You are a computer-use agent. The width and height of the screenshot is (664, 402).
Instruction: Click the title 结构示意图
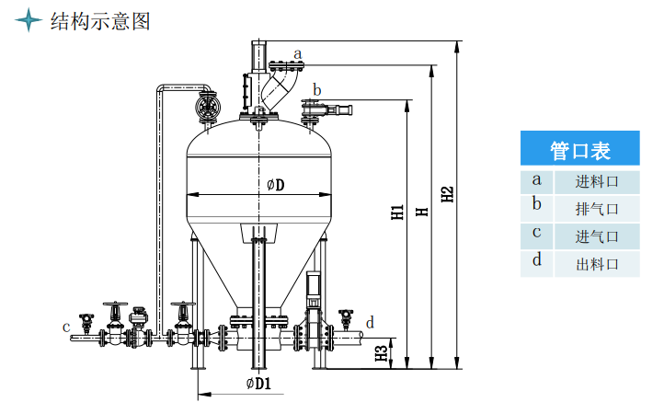[100, 21]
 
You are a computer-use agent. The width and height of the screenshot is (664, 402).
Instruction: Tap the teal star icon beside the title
[29, 20]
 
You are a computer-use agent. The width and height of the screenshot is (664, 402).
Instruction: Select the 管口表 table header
[579, 148]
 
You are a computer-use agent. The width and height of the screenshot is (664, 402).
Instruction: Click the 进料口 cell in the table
[597, 182]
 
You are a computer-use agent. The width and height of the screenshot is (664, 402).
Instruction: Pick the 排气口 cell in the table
[597, 209]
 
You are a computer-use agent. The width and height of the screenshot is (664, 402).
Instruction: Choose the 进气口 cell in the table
[597, 236]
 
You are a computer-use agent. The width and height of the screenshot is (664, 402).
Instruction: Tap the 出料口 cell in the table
[597, 264]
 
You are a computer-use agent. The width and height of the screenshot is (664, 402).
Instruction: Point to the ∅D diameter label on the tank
[276, 185]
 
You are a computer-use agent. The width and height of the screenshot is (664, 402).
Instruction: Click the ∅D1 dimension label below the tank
[258, 384]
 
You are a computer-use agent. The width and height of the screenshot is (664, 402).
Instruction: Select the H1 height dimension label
[397, 212]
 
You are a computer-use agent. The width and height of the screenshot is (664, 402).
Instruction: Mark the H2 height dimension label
[447, 194]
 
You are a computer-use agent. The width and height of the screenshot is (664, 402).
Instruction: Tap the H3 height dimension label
[382, 353]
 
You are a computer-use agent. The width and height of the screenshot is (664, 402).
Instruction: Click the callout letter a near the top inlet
[298, 54]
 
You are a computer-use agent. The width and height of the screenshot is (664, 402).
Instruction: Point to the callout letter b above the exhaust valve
[316, 89]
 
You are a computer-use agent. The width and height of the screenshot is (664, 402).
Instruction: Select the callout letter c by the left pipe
[66, 327]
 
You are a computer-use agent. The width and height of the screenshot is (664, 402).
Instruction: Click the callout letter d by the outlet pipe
[370, 322]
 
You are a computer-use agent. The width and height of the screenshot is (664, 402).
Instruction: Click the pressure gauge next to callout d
[346, 318]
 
